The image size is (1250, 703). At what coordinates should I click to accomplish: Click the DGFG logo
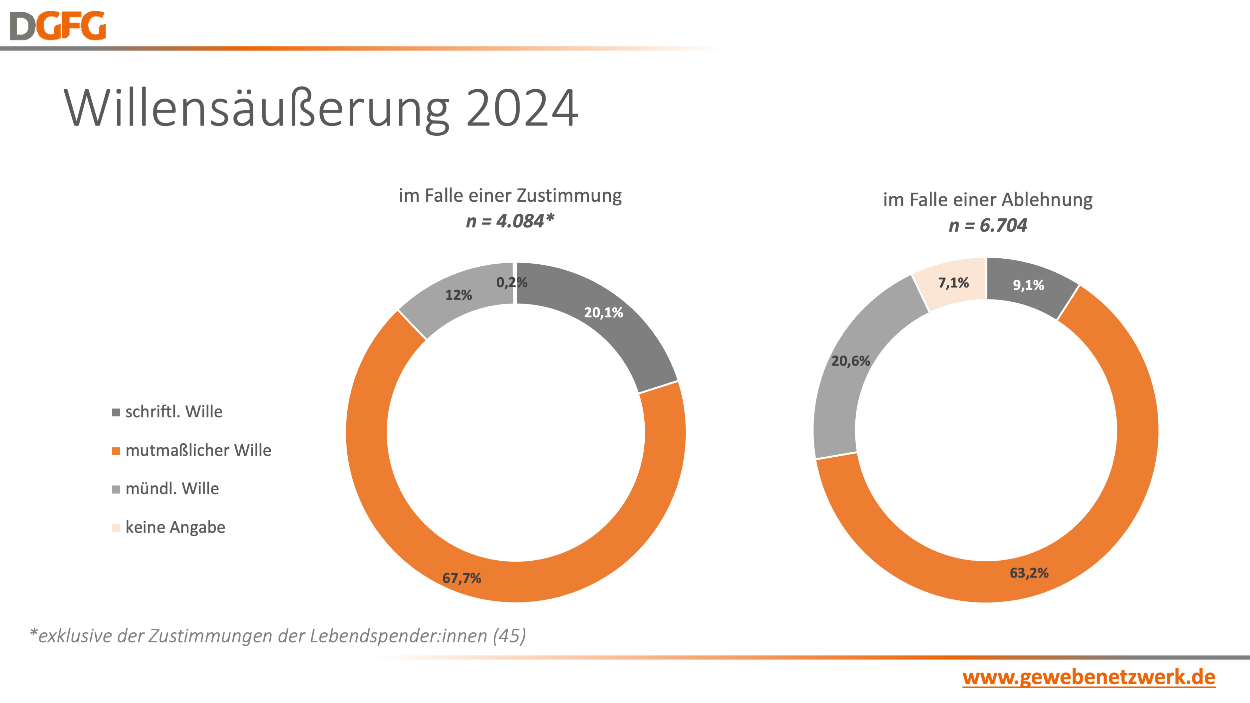coord(58,26)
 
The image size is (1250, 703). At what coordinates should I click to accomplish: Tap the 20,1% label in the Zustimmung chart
coord(603,312)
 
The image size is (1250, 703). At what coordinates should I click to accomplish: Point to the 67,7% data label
coord(462,578)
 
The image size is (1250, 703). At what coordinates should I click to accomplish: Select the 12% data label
coord(459,295)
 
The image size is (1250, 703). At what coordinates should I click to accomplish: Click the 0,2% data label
coord(511,282)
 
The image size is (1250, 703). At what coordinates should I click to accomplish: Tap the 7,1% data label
coord(954,283)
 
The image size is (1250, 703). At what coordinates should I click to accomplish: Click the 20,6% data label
coord(851,361)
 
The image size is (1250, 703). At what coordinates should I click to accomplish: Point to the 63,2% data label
coord(1029,573)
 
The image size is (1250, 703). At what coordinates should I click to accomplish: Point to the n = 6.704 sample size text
coord(988,225)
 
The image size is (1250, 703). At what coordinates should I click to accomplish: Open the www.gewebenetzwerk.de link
coord(1089,677)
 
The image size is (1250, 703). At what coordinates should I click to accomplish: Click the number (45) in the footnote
coord(509,636)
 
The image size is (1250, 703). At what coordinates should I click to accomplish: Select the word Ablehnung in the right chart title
coord(1047,200)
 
